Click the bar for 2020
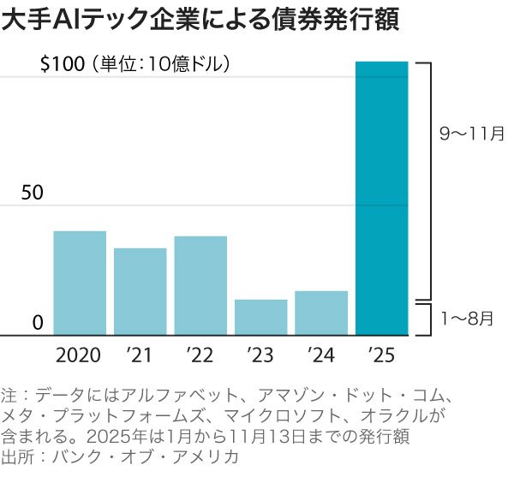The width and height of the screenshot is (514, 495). pyautogui.click(x=80, y=283)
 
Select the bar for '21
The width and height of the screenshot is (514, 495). pyautogui.click(x=140, y=291)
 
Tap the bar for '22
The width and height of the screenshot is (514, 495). pyautogui.click(x=200, y=285)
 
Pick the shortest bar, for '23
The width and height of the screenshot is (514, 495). pyautogui.click(x=260, y=317)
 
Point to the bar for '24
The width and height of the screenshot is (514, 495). pyautogui.click(x=321, y=313)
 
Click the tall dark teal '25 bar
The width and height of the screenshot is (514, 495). pyautogui.click(x=381, y=197)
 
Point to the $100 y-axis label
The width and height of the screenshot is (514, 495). pyautogui.click(x=63, y=64)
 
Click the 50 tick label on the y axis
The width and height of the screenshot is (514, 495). pyautogui.click(x=32, y=193)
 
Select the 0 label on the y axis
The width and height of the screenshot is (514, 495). pyautogui.click(x=38, y=322)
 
